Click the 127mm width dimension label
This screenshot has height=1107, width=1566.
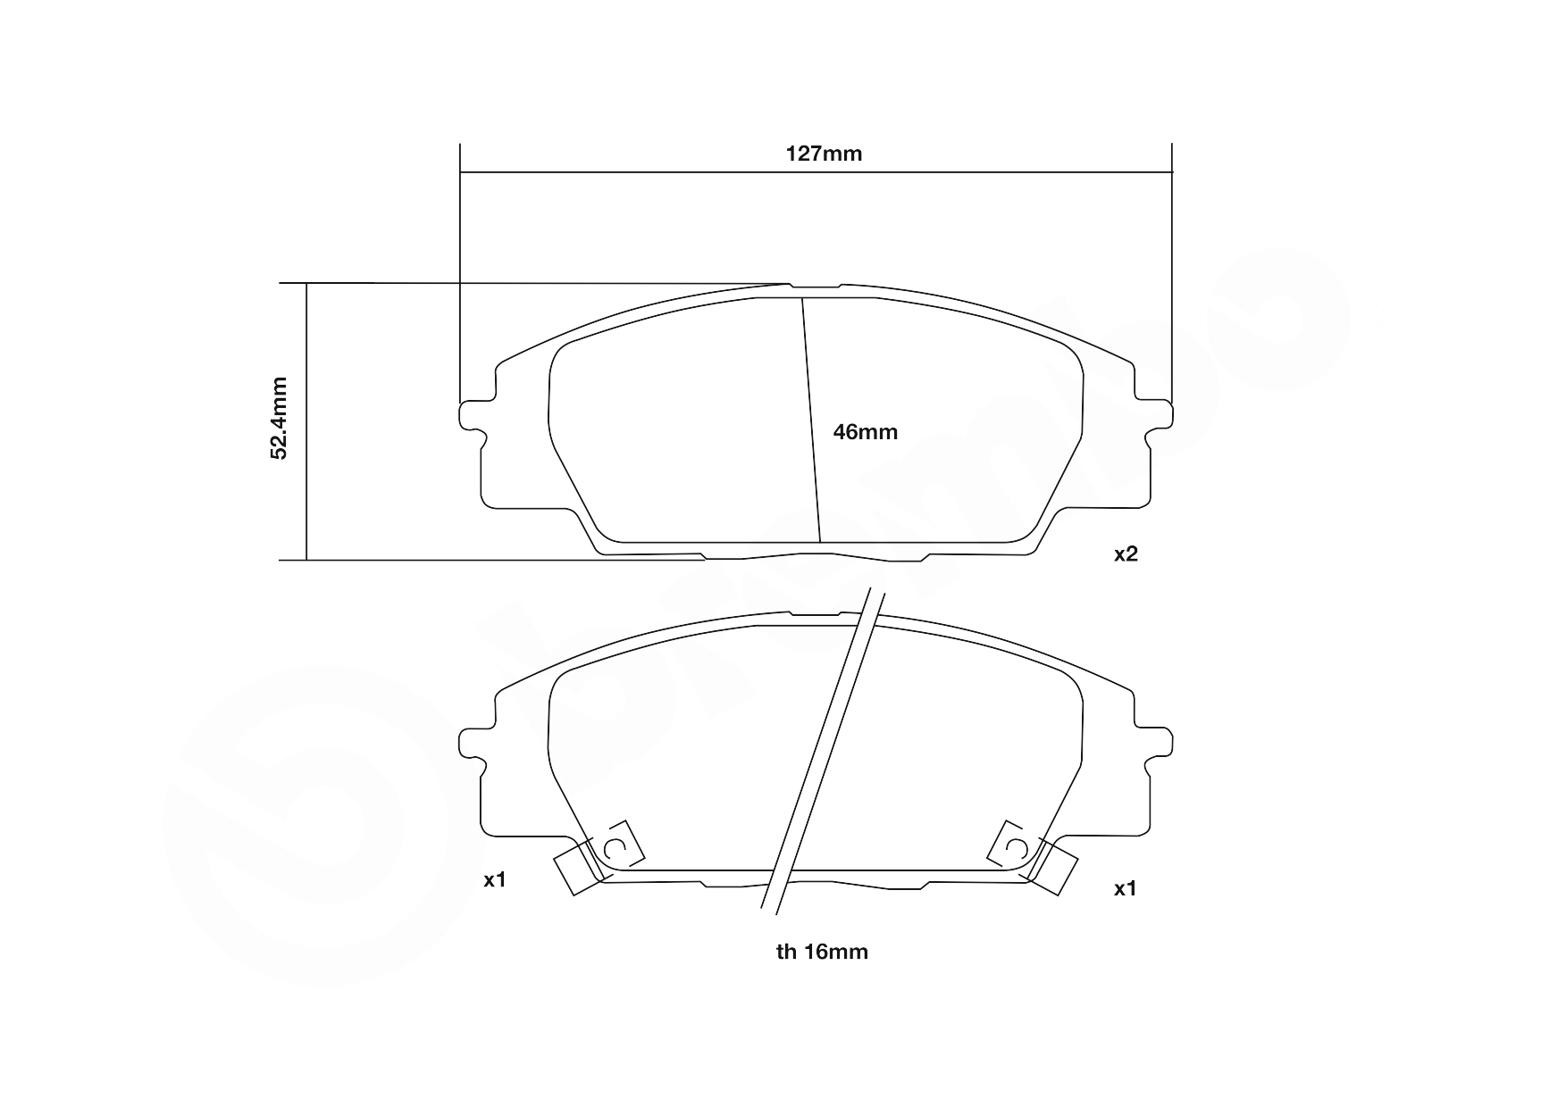click(824, 154)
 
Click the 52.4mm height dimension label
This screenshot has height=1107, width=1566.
click(280, 419)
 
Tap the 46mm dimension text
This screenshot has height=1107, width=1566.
click(865, 432)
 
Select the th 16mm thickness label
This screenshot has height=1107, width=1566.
click(822, 952)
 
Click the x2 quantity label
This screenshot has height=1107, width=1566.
click(1126, 553)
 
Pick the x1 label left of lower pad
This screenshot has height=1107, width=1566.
click(495, 880)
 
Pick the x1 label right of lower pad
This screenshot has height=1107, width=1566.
click(1126, 889)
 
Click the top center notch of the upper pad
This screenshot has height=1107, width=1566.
click(815, 287)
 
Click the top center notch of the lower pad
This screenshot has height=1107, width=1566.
click(815, 615)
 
